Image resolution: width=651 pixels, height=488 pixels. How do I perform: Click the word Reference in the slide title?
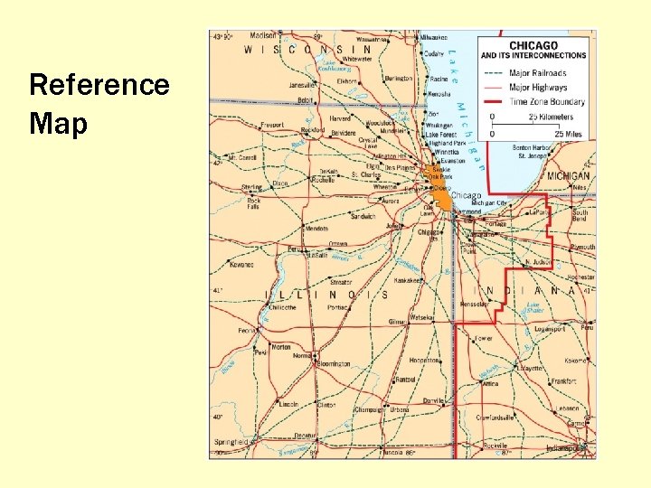click(x=99, y=85)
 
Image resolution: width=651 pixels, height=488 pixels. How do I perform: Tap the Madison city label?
click(x=263, y=34)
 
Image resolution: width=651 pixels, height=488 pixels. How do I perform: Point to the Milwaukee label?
click(x=433, y=37)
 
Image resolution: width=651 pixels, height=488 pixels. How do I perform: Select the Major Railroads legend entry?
click(x=537, y=73)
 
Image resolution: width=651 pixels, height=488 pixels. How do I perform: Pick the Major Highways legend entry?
click(x=538, y=88)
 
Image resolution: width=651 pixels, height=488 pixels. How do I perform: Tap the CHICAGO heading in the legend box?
click(x=533, y=45)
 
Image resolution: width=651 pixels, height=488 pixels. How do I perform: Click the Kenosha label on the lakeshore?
click(x=439, y=94)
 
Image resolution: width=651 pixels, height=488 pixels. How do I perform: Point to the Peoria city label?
click(x=247, y=331)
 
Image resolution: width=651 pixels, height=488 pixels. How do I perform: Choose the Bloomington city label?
click(x=334, y=363)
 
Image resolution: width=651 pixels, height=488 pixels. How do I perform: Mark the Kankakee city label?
click(x=409, y=280)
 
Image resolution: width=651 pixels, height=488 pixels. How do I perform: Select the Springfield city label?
click(x=231, y=442)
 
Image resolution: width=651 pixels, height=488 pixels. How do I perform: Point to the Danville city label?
click(x=435, y=400)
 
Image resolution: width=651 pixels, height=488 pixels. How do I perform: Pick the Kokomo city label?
click(x=576, y=361)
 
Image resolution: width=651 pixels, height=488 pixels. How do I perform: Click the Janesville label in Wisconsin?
click(x=302, y=85)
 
